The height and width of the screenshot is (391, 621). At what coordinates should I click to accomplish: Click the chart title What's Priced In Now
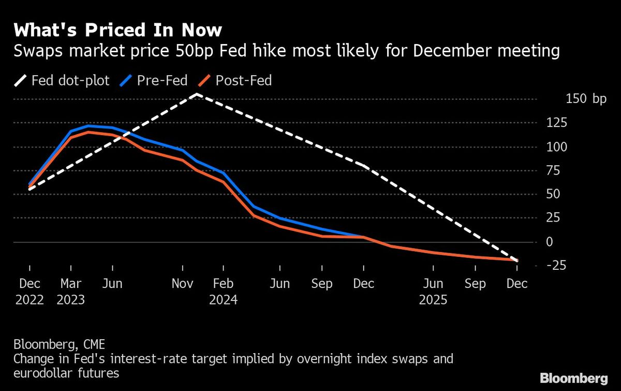click(x=118, y=31)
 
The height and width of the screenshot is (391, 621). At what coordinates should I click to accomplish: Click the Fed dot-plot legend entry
click(x=62, y=81)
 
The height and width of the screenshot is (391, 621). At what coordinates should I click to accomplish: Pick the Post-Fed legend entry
click(x=235, y=81)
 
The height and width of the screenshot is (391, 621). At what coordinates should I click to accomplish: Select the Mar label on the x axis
click(x=71, y=284)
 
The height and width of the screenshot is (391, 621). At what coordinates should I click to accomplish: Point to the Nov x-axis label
click(x=183, y=284)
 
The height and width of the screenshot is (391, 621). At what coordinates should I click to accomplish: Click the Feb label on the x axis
click(x=223, y=284)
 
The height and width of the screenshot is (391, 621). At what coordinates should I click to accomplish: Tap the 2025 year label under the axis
click(x=433, y=300)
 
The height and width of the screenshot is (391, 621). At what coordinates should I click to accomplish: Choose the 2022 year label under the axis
click(x=29, y=300)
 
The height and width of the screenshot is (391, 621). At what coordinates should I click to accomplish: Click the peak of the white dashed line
click(x=197, y=94)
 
